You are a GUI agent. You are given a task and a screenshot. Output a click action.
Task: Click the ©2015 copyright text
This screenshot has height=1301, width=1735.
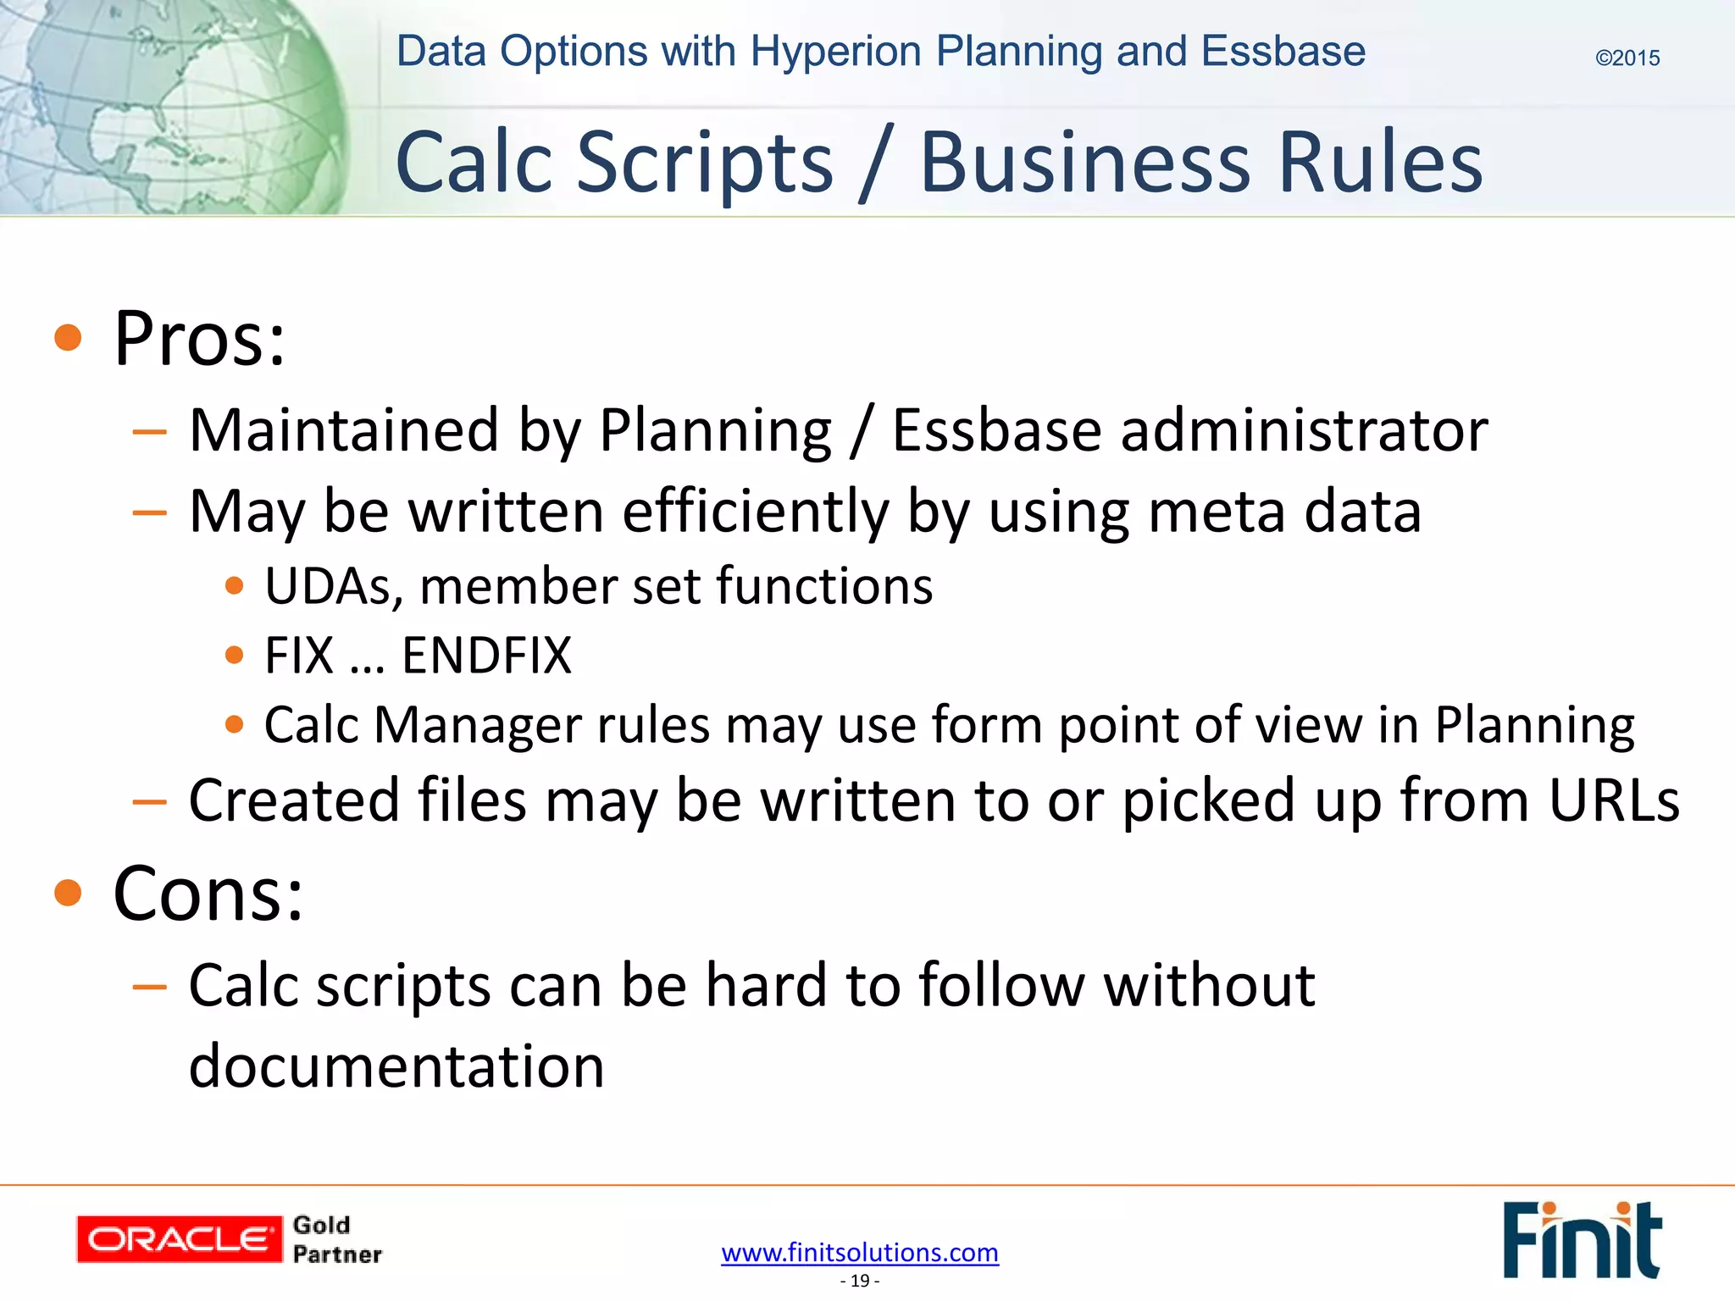pos(1627,58)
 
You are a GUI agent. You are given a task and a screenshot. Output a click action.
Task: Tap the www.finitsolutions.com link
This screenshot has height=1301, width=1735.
pos(860,1252)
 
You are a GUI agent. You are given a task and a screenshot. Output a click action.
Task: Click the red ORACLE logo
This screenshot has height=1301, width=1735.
pos(179,1239)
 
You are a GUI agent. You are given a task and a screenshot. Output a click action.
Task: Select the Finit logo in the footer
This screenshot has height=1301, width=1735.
pos(1582,1239)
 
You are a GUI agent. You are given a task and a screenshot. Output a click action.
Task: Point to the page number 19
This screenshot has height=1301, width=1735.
pos(860,1281)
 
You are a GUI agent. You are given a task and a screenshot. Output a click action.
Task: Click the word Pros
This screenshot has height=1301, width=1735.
pos(199,339)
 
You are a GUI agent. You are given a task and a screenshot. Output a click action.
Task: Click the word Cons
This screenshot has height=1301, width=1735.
pos(208,894)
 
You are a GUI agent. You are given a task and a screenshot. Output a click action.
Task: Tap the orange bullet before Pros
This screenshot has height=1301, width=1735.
pos(68,338)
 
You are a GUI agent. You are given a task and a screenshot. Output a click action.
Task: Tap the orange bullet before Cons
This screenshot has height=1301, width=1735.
pos(68,893)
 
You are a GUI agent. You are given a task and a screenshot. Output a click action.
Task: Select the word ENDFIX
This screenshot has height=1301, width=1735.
pos(486,655)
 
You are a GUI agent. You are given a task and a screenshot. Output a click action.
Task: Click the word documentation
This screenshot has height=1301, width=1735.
pos(396,1065)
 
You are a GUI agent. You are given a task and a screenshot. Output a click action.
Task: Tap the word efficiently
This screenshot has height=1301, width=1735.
pos(756,512)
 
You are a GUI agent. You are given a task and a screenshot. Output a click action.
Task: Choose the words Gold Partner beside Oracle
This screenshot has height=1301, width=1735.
pos(336,1239)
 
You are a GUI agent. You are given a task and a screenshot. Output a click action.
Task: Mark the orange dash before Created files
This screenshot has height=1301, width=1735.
pos(149,800)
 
